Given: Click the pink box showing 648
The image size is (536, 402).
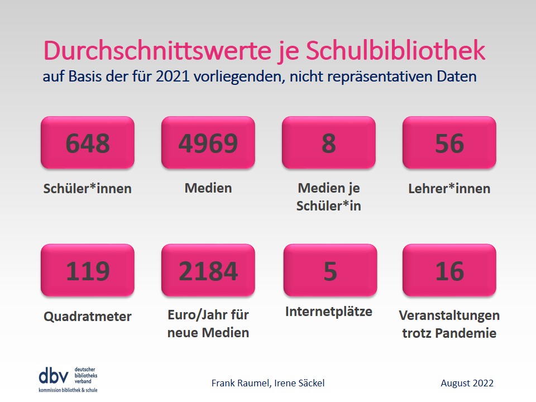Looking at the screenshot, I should tap(88, 142).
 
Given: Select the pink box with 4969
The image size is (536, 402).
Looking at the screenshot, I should tap(208, 142).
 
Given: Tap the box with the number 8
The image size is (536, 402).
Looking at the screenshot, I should tap(329, 142).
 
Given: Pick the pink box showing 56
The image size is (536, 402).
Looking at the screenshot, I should tap(449, 142).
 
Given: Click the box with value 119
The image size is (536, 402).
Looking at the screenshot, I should tap(88, 270).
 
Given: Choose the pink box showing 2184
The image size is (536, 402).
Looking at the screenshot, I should tap(208, 270).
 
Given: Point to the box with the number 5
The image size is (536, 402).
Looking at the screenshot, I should tap(330, 270).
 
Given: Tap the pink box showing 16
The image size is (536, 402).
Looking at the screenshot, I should tap(449, 270).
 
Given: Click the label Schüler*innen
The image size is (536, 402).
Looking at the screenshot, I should tap(88, 189).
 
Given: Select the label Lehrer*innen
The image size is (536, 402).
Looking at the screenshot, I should tap(449, 189).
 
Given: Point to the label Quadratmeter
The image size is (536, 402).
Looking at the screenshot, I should tap(88, 317).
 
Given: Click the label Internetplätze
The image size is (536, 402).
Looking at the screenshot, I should tap(329, 312).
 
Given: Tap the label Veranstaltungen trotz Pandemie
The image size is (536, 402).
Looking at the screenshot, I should tap(449, 324).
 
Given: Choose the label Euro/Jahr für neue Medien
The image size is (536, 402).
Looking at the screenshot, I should tap(208, 324).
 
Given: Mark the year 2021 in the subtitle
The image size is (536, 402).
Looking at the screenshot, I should tap(173, 76).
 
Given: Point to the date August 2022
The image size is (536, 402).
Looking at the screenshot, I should tap(467, 383).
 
